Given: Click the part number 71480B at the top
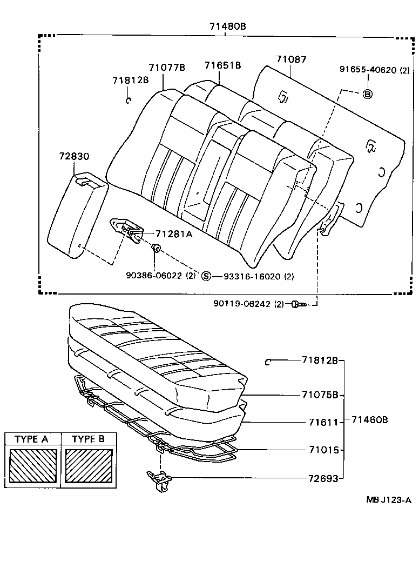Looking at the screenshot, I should click(x=228, y=26).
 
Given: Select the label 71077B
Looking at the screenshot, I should click(x=167, y=68).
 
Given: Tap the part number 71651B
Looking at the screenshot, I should click(x=222, y=65).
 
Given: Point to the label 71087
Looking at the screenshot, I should click(x=291, y=59).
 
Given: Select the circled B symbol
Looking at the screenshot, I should click(x=367, y=94).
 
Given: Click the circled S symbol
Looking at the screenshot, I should click(x=206, y=277).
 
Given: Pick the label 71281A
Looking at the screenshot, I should click(x=174, y=234).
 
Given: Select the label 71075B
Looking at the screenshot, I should click(x=320, y=395).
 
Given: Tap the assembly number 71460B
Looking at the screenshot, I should click(x=369, y=420).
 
